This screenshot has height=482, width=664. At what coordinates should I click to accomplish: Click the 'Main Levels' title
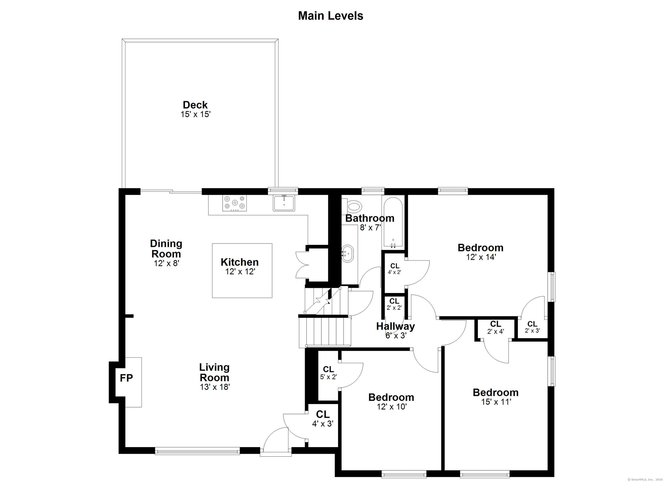click(x=330, y=16)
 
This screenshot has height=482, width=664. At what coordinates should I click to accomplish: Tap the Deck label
click(x=195, y=105)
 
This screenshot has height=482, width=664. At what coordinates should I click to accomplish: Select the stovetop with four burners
click(x=234, y=203)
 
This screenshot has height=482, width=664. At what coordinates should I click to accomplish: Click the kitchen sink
click(x=284, y=203)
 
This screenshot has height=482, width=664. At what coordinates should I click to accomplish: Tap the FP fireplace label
click(x=126, y=378)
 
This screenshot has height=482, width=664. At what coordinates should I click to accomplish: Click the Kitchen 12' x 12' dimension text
click(x=240, y=272)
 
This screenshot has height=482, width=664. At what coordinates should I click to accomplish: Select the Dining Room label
click(x=166, y=249)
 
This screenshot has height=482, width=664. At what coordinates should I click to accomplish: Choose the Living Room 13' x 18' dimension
click(x=215, y=387)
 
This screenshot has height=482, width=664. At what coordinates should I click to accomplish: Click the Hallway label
click(x=396, y=326)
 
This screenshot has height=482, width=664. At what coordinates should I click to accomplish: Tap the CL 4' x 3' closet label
click(x=323, y=419)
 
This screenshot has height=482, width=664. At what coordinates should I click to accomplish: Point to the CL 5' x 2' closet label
click(x=329, y=373)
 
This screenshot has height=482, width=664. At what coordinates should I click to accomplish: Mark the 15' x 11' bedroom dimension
click(x=496, y=402)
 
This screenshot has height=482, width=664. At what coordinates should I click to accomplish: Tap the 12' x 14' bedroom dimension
click(x=481, y=257)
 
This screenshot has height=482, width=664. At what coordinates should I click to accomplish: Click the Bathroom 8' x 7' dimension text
click(x=370, y=227)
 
